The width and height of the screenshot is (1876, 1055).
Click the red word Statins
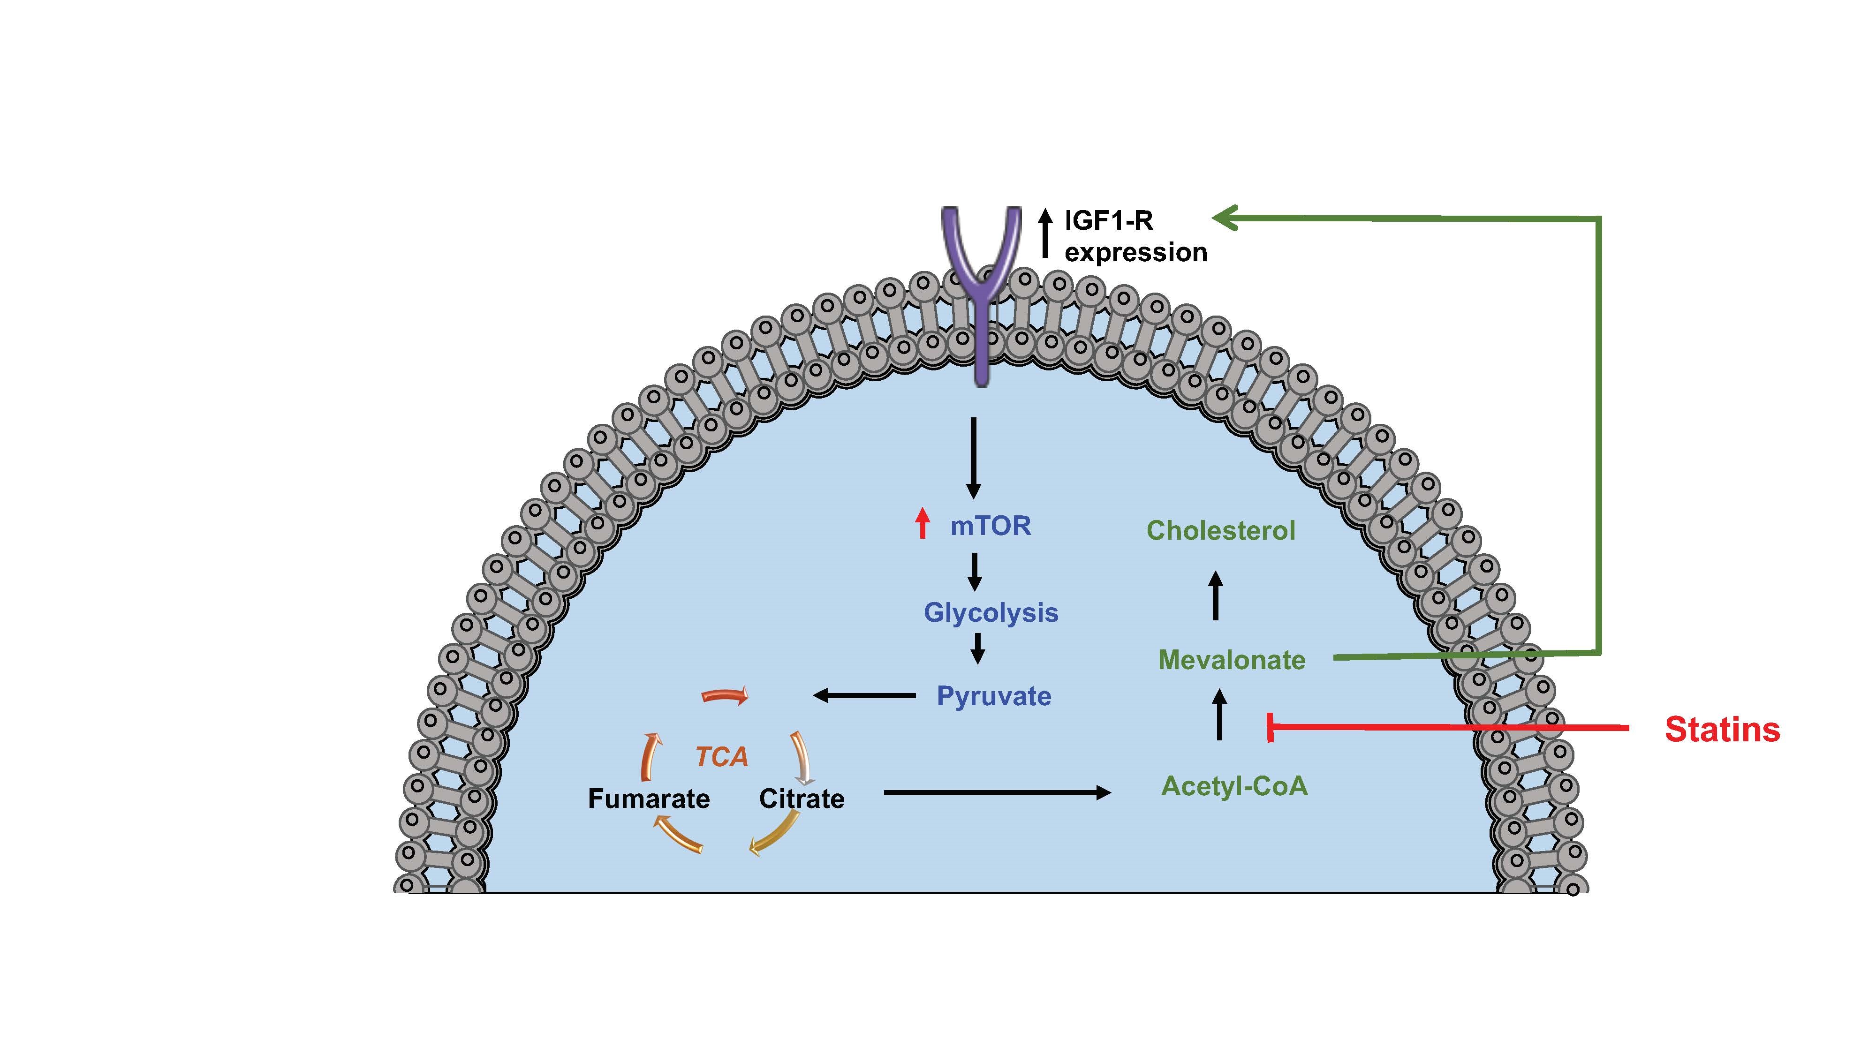pos(1722,730)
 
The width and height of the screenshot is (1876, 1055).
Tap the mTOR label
pos(991,526)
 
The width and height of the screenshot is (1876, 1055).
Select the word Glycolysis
pos(991,612)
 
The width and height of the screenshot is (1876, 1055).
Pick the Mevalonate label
pos(1232,660)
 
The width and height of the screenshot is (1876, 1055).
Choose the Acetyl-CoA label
pos(1234,786)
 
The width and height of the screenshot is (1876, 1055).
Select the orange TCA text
pos(721,757)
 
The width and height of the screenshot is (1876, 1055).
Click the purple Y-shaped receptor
pos(981,291)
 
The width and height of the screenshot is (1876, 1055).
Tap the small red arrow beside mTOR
pos(923,523)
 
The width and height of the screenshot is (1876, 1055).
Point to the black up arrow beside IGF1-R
pos(1046,233)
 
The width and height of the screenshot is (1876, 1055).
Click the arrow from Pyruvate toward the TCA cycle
pos(864,696)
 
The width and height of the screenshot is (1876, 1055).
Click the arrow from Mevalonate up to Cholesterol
pos(1215,595)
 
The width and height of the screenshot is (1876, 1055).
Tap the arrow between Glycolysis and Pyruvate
pos(978,647)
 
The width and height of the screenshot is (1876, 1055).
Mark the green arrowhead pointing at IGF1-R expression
pos(1226,217)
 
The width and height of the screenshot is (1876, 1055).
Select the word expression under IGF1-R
pos(1135,253)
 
